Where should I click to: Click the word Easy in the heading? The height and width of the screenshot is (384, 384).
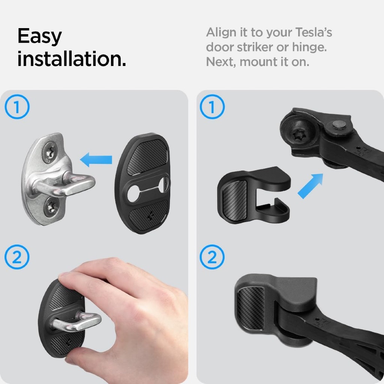(x=39, y=36)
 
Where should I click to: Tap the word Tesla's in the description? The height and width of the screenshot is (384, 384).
(x=314, y=32)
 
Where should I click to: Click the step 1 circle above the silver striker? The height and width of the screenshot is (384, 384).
(x=17, y=107)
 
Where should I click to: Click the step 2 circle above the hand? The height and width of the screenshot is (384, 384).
(x=17, y=257)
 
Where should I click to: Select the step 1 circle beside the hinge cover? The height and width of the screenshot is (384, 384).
(x=212, y=107)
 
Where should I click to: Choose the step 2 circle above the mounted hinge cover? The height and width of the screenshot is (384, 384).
(x=212, y=257)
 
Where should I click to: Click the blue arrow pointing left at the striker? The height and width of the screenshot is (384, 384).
(x=96, y=160)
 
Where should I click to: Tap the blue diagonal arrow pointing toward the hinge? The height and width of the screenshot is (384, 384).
(x=310, y=186)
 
